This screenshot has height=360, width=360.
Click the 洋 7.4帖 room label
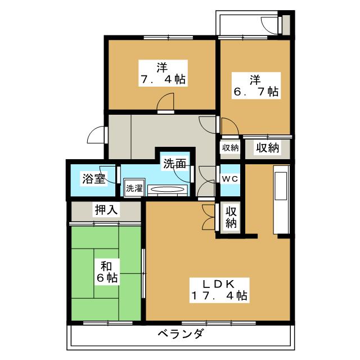(163, 73)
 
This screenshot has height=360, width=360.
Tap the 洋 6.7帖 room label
(256, 85)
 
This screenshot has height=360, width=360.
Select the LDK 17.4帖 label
(219, 290)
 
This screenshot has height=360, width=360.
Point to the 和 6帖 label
(107, 272)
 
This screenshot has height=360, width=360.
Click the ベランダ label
(181, 333)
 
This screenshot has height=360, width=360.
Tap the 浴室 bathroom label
(94, 179)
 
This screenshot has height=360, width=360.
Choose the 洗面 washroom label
(174, 164)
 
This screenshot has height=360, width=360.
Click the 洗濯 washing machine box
(134, 187)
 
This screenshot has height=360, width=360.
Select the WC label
(230, 179)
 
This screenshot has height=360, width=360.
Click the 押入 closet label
(106, 209)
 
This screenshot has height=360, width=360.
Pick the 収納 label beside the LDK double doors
(231, 217)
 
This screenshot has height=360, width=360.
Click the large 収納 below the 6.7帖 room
(268, 147)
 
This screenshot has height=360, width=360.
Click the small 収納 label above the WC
(230, 148)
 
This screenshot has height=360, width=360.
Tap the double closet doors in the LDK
(208, 217)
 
